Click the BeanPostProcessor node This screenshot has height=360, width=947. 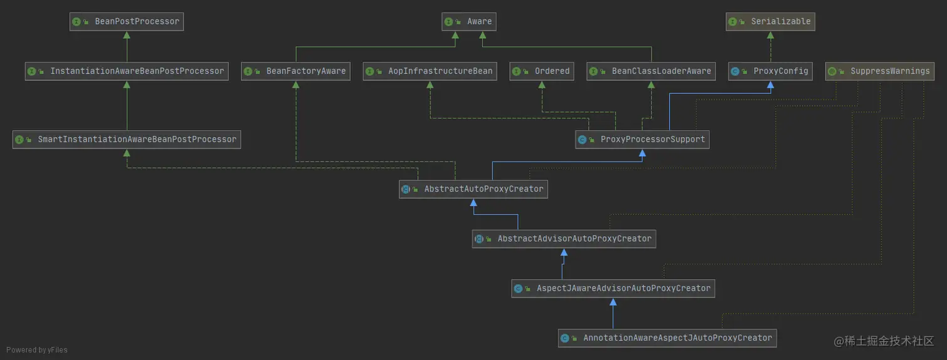127,21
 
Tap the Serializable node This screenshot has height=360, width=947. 770,21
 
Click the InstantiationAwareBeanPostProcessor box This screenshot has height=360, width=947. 127,71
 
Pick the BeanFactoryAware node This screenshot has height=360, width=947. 296,71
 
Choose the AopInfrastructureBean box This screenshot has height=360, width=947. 430,71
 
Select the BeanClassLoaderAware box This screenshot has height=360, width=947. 651,71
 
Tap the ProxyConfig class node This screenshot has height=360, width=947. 770,71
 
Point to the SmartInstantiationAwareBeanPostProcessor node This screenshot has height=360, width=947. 127,139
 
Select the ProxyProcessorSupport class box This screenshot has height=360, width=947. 643,139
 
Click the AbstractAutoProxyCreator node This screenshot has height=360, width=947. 473,188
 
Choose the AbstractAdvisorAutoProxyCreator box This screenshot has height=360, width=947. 564,239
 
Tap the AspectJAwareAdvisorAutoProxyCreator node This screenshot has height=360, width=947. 613,288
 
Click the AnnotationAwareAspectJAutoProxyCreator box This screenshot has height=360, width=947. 668,338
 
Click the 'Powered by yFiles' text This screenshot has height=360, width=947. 37,350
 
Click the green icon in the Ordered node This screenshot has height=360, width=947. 517,71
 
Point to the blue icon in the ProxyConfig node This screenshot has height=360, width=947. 735,71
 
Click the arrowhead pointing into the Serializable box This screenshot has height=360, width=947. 770,36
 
